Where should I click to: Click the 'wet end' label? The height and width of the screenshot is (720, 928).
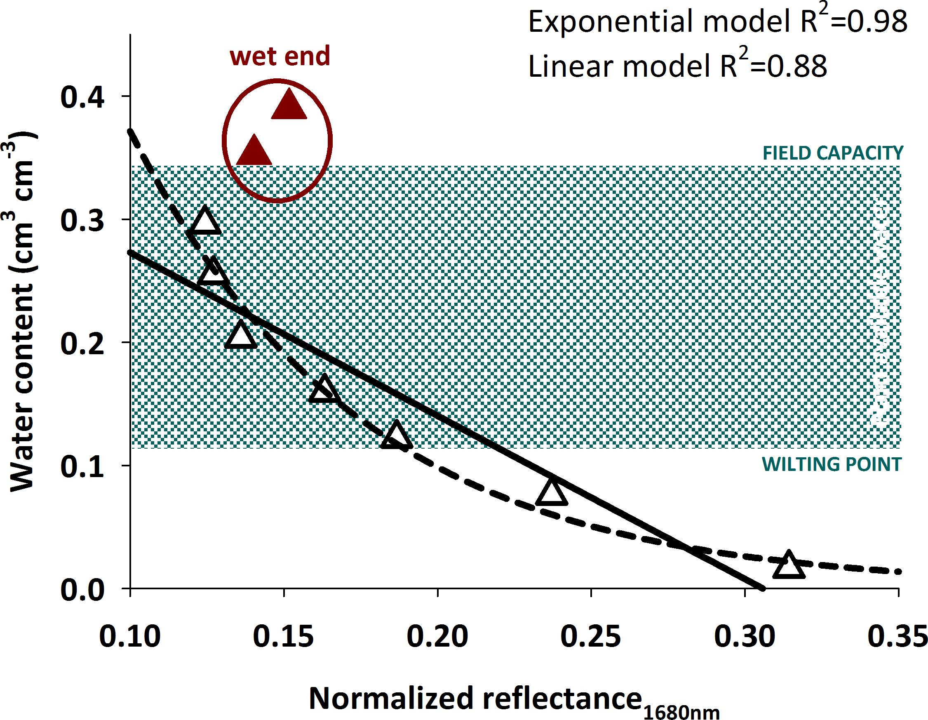[x=280, y=56]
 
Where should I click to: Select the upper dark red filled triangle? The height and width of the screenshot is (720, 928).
[x=289, y=106]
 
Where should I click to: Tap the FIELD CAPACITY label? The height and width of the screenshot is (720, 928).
[x=833, y=153]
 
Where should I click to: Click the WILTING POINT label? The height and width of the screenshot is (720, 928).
[x=832, y=464]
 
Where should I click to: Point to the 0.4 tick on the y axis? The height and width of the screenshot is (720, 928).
[x=82, y=97]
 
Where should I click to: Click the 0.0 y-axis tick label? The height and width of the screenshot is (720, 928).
[x=82, y=590]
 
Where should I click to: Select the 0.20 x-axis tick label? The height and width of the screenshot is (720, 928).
[x=437, y=636]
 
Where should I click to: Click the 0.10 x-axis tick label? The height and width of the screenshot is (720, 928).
[x=130, y=636]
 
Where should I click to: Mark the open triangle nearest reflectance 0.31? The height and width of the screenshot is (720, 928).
[x=789, y=566]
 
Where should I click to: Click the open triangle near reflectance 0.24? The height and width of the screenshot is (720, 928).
[x=551, y=493]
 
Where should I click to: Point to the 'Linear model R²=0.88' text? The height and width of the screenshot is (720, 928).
[x=677, y=66]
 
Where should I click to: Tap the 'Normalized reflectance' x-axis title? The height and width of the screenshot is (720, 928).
[x=475, y=698]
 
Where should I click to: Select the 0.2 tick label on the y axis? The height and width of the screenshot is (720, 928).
[x=82, y=344]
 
